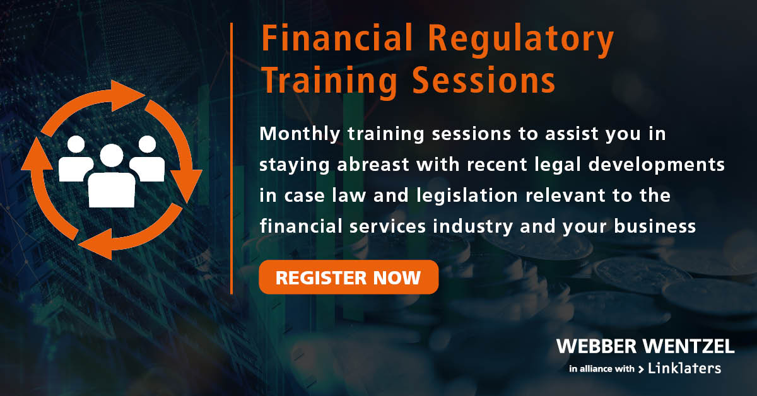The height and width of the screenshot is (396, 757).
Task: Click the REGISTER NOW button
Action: pos(348,277)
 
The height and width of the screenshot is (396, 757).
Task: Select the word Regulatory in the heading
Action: pos(521,40)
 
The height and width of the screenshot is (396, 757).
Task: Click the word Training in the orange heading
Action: pos(330,81)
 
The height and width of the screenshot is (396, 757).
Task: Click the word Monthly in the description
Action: pos(300,134)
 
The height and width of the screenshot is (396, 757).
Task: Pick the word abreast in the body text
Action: pos(373,165)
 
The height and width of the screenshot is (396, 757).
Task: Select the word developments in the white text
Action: pos(657,165)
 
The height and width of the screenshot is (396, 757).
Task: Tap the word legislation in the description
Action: pos(467,196)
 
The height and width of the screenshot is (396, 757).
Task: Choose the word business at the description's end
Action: pos(655,226)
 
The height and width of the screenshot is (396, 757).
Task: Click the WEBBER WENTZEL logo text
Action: pos(645,346)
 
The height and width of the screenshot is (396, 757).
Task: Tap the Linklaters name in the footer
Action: pos(684,368)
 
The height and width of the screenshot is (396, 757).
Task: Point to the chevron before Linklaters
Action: pos(641,370)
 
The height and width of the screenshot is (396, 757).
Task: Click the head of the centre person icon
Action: pos(112,155)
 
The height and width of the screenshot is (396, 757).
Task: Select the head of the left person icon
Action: pos(76,144)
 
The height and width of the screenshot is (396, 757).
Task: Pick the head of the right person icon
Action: pos(148,144)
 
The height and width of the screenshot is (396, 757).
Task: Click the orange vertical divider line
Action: pos(232,158)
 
